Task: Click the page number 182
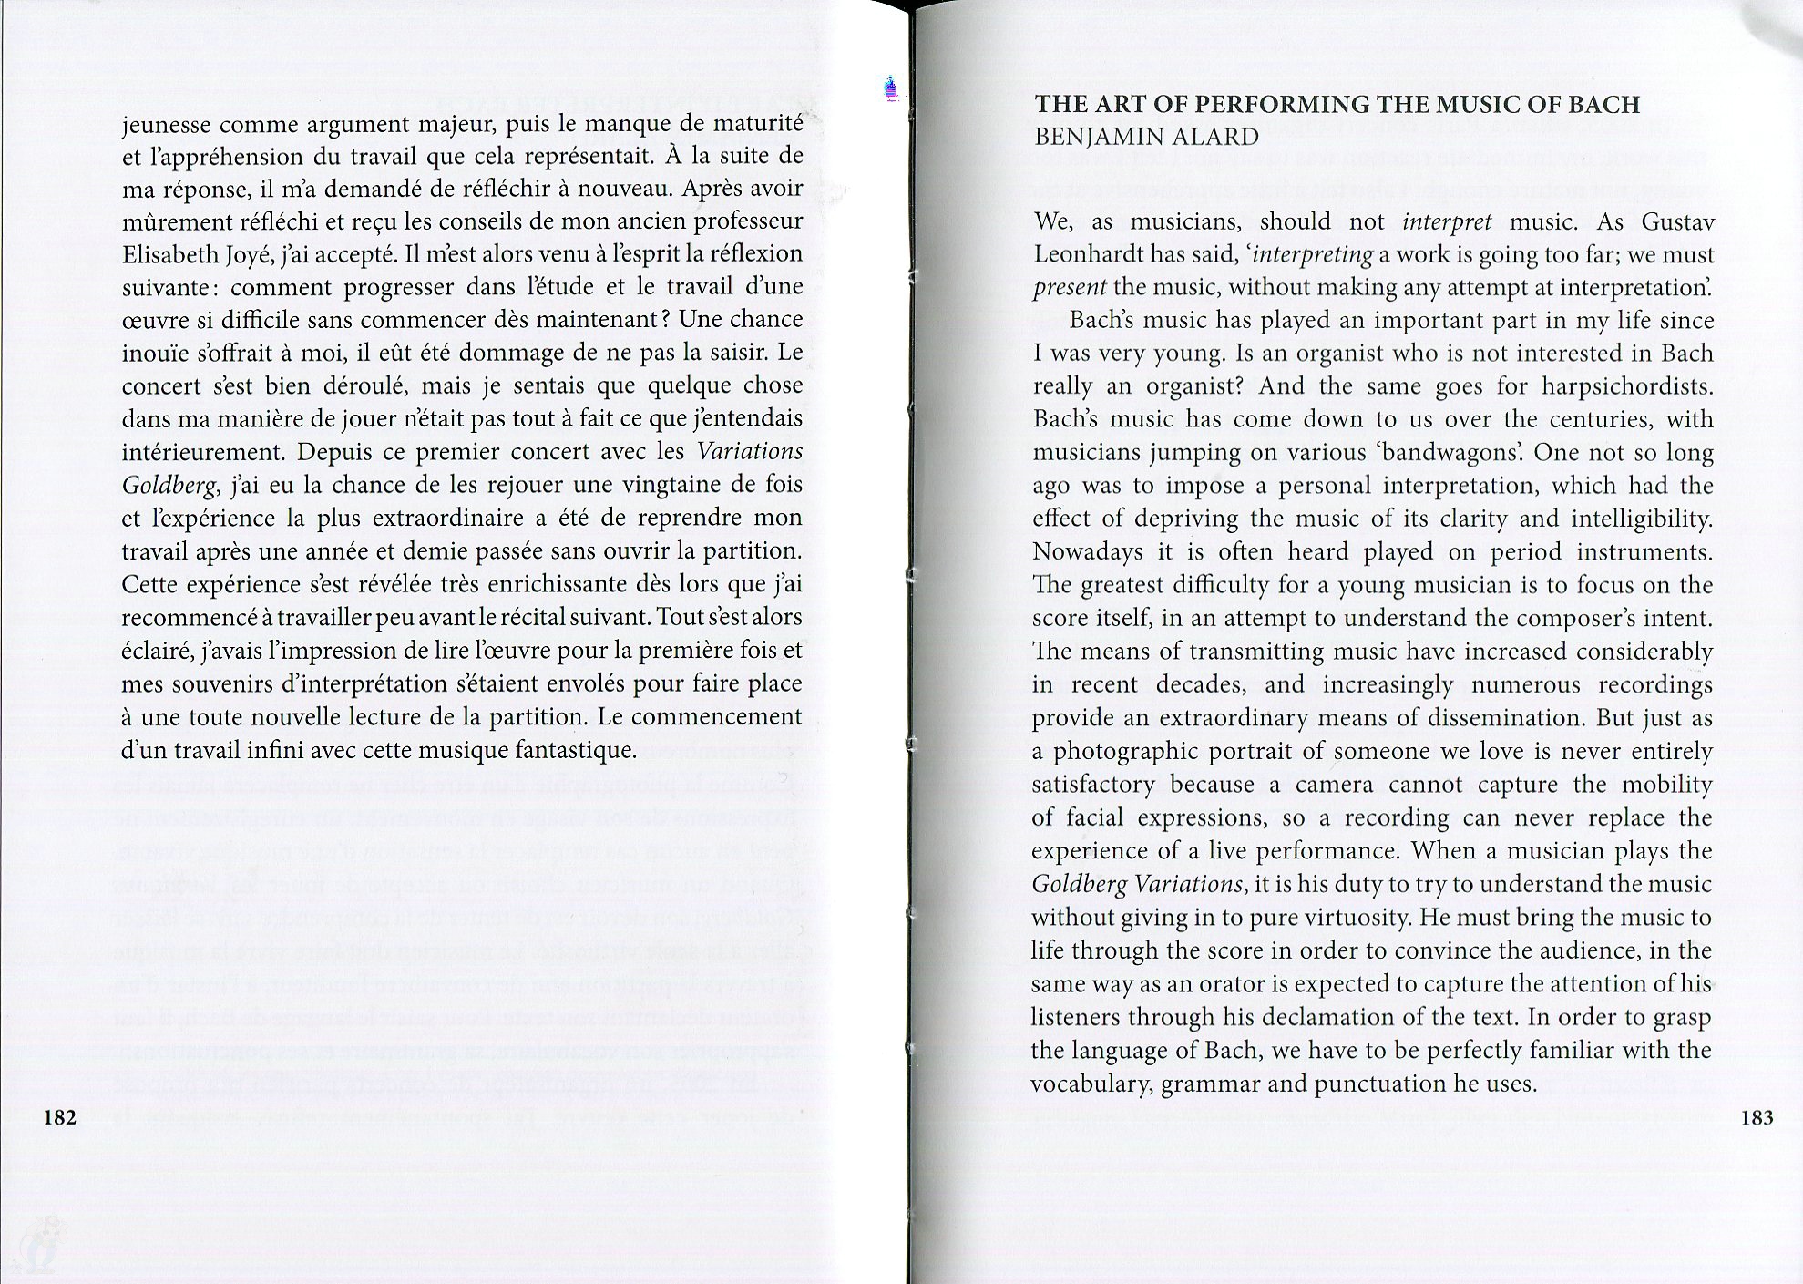point(60,1117)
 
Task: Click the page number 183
point(1757,1117)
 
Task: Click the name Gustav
point(1677,221)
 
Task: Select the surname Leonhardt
point(1087,254)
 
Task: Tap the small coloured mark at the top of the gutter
point(892,88)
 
